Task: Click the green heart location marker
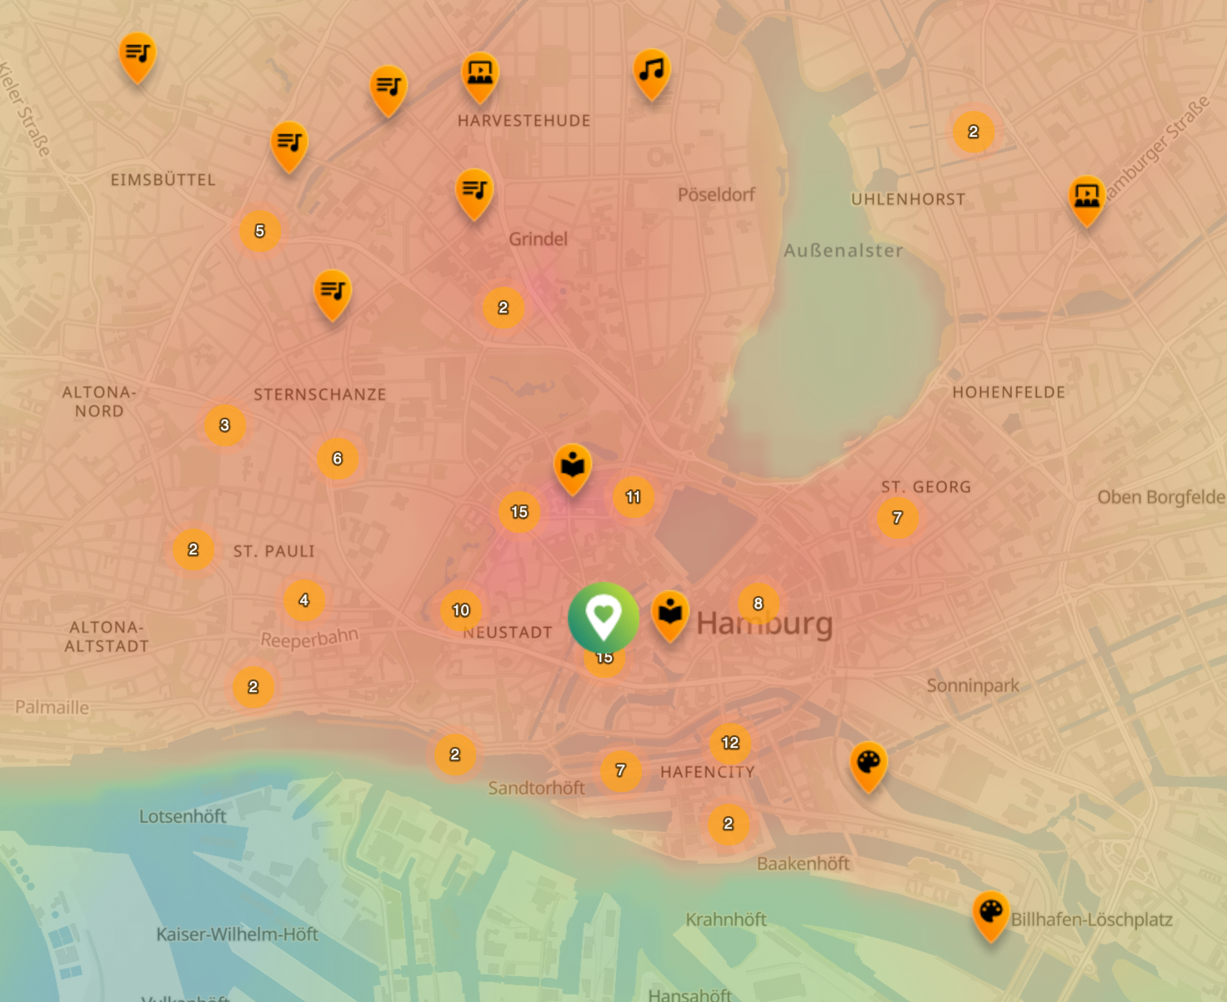pos(603,618)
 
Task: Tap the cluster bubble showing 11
pos(634,497)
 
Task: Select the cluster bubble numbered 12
pos(730,743)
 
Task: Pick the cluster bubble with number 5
pos(260,231)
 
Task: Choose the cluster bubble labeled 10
pos(461,610)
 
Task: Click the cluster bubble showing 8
pos(758,604)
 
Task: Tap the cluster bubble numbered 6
pos(338,458)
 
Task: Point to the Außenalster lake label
pos(843,250)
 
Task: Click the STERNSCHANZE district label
pos(320,394)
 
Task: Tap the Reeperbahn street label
pos(309,639)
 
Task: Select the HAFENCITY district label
pos(707,772)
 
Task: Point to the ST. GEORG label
pos(926,487)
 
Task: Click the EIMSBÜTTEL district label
pos(163,180)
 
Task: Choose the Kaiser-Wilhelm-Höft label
pos(237,934)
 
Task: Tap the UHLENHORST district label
pos(908,199)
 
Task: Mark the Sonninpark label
pos(973,685)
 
